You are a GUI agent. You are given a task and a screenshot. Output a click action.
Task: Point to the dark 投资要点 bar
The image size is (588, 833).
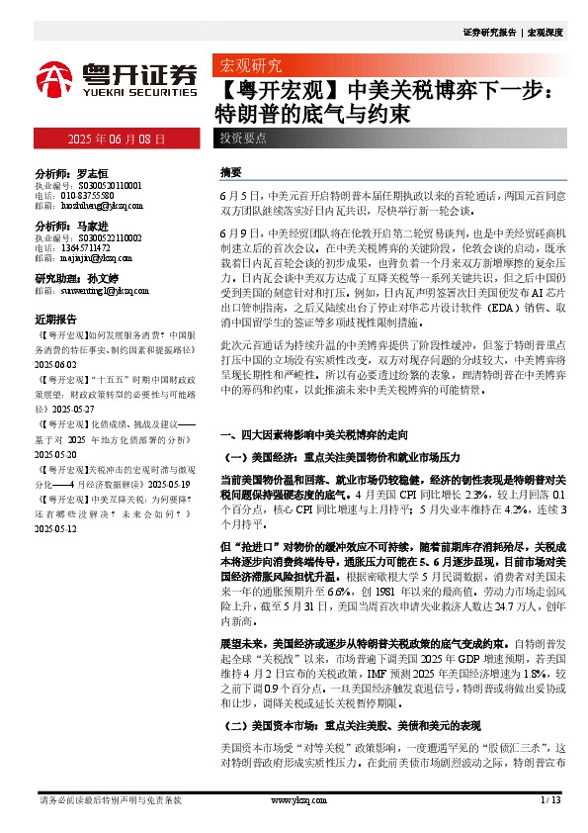243,139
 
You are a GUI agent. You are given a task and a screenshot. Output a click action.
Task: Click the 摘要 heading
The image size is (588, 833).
231,171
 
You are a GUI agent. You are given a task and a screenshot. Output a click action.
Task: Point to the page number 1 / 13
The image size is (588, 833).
549,799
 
